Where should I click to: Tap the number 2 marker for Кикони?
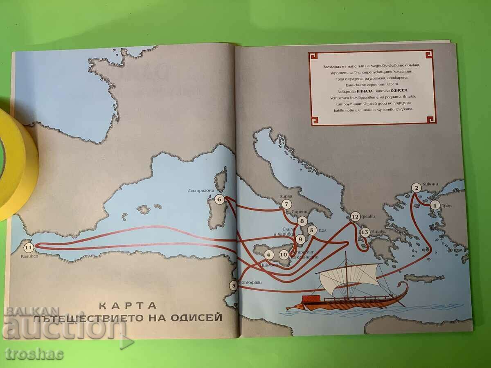pyautogui.click(x=417, y=188)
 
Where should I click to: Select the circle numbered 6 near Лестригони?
pyautogui.click(x=220, y=200)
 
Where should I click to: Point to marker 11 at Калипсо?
pyautogui.click(x=28, y=247)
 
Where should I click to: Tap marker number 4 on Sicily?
pyautogui.click(x=268, y=254)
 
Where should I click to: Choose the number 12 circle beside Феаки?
pyautogui.click(x=355, y=217)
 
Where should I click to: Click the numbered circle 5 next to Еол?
pyautogui.click(x=312, y=230)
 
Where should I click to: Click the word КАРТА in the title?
pyautogui.click(x=128, y=305)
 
